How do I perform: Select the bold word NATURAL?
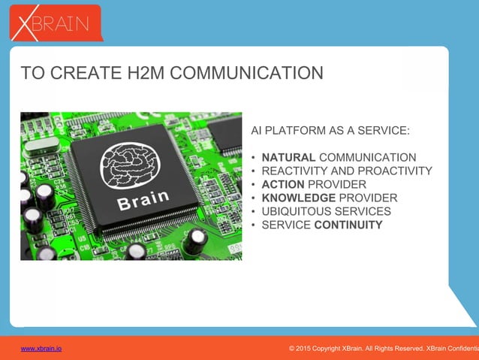click(288, 158)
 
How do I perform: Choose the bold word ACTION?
click(283, 185)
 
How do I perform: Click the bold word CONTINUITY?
click(348, 225)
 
